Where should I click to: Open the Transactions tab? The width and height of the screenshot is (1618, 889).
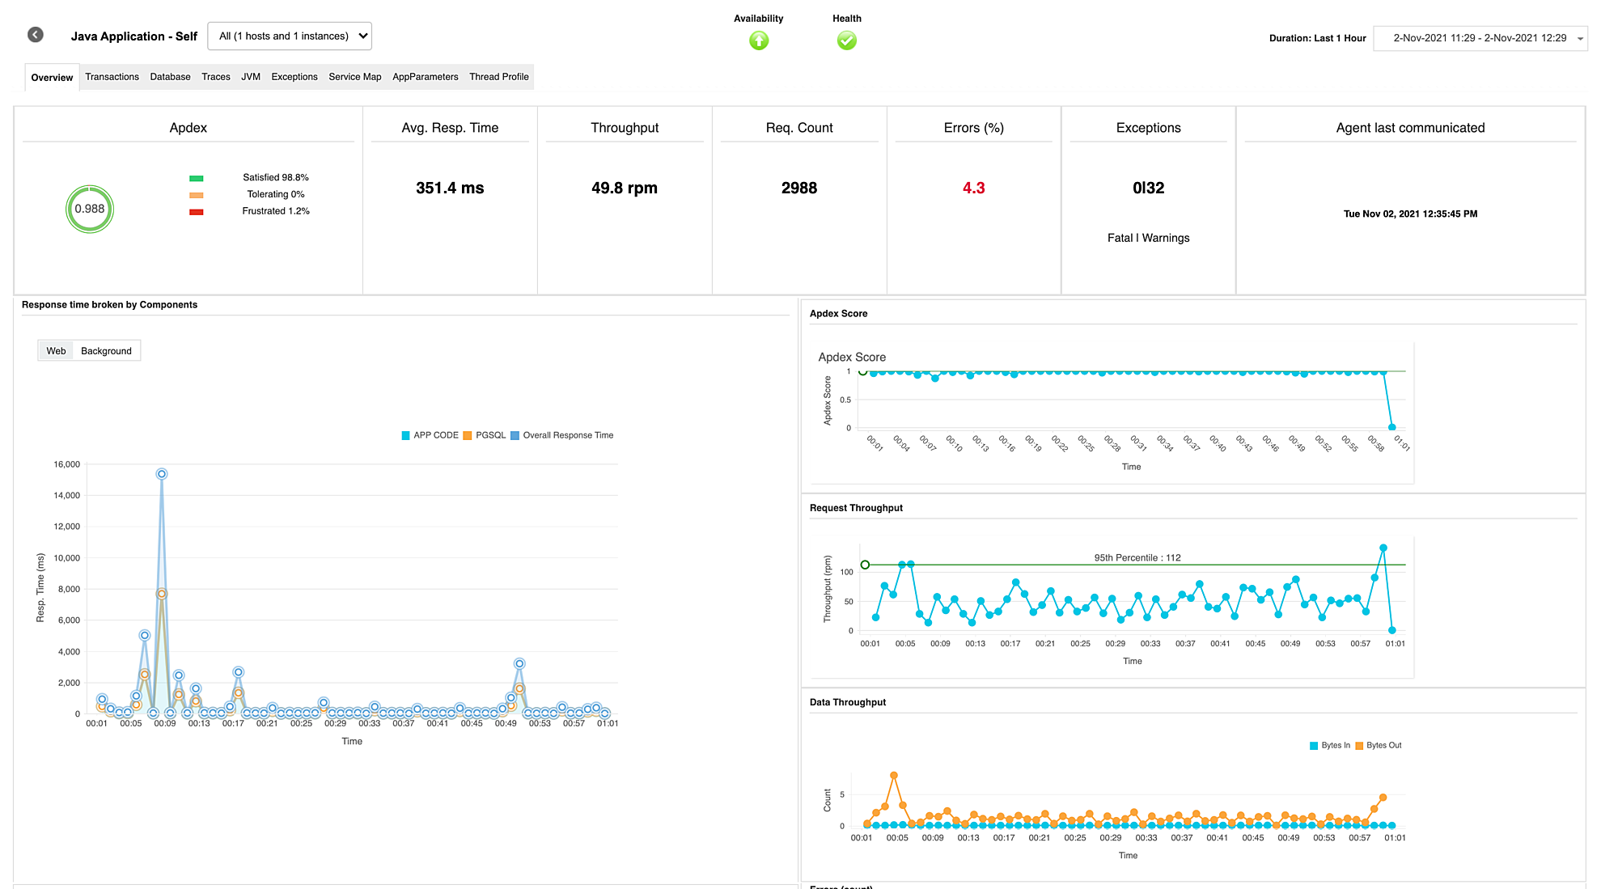click(112, 77)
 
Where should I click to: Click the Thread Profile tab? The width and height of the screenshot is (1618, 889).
click(498, 77)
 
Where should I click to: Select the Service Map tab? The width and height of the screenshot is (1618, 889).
click(354, 77)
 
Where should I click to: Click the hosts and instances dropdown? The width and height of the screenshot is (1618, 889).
click(290, 36)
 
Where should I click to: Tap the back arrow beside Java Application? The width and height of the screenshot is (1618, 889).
click(36, 35)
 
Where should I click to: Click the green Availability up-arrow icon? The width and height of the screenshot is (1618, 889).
click(759, 40)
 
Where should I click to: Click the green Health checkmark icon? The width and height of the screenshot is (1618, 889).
click(846, 40)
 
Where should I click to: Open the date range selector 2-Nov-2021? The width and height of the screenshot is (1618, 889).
click(1480, 38)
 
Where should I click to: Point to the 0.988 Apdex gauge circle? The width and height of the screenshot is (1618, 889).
click(90, 209)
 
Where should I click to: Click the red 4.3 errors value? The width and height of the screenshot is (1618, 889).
click(973, 188)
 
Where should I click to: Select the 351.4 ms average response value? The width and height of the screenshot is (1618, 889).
click(450, 188)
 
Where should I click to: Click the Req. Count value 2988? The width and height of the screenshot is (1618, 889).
click(798, 188)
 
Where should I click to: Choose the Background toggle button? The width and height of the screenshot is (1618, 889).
click(106, 351)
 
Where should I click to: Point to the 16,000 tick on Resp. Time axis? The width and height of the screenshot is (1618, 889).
click(67, 464)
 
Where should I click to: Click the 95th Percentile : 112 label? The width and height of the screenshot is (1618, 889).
click(1137, 557)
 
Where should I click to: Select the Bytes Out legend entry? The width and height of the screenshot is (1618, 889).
click(1383, 746)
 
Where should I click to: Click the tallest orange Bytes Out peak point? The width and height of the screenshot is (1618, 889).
click(894, 775)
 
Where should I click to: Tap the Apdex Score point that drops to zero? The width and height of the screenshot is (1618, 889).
click(1391, 427)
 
